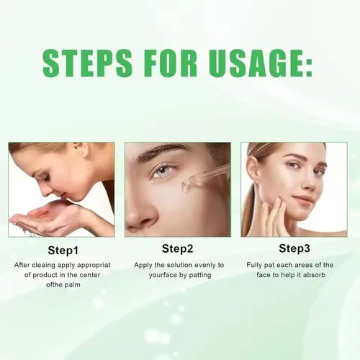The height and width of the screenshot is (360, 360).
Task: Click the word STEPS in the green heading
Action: [x=87, y=63]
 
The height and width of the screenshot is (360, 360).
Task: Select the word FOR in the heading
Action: [x=170, y=63]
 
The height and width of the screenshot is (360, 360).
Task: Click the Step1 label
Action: [x=63, y=251]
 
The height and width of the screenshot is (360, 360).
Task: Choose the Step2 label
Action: [x=177, y=249]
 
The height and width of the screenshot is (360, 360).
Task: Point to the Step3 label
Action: [x=294, y=248]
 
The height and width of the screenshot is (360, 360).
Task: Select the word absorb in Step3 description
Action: [x=314, y=275]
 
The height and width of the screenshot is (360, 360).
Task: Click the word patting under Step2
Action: [x=200, y=275]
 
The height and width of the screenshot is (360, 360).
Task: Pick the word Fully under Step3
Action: [x=254, y=266]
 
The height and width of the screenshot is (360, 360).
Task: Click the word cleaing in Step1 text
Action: [x=45, y=266]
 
